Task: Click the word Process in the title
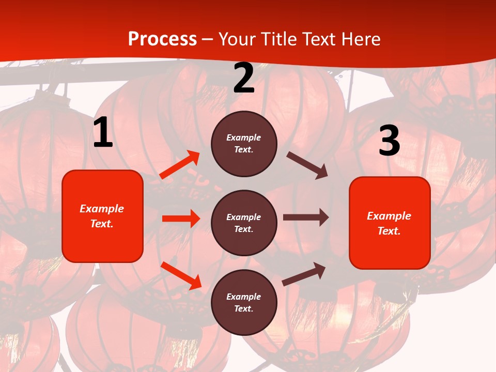click(162, 39)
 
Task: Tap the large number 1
click(103, 133)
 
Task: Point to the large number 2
click(244, 79)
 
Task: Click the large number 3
click(389, 141)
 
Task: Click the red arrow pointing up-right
click(180, 165)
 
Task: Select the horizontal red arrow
click(181, 219)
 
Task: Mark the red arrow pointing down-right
click(181, 275)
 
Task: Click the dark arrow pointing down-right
click(307, 165)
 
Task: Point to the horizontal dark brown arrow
click(305, 218)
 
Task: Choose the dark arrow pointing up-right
click(304, 274)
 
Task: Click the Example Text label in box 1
click(102, 216)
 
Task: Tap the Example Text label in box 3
click(389, 223)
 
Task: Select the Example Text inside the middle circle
click(244, 223)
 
